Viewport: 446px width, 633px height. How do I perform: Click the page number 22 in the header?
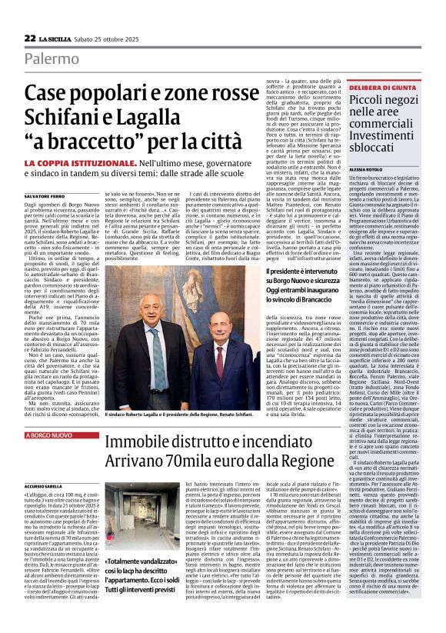pos(29,38)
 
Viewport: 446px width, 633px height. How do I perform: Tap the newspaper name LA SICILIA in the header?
pos(55,38)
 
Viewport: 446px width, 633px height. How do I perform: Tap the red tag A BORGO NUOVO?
pos(50,435)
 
